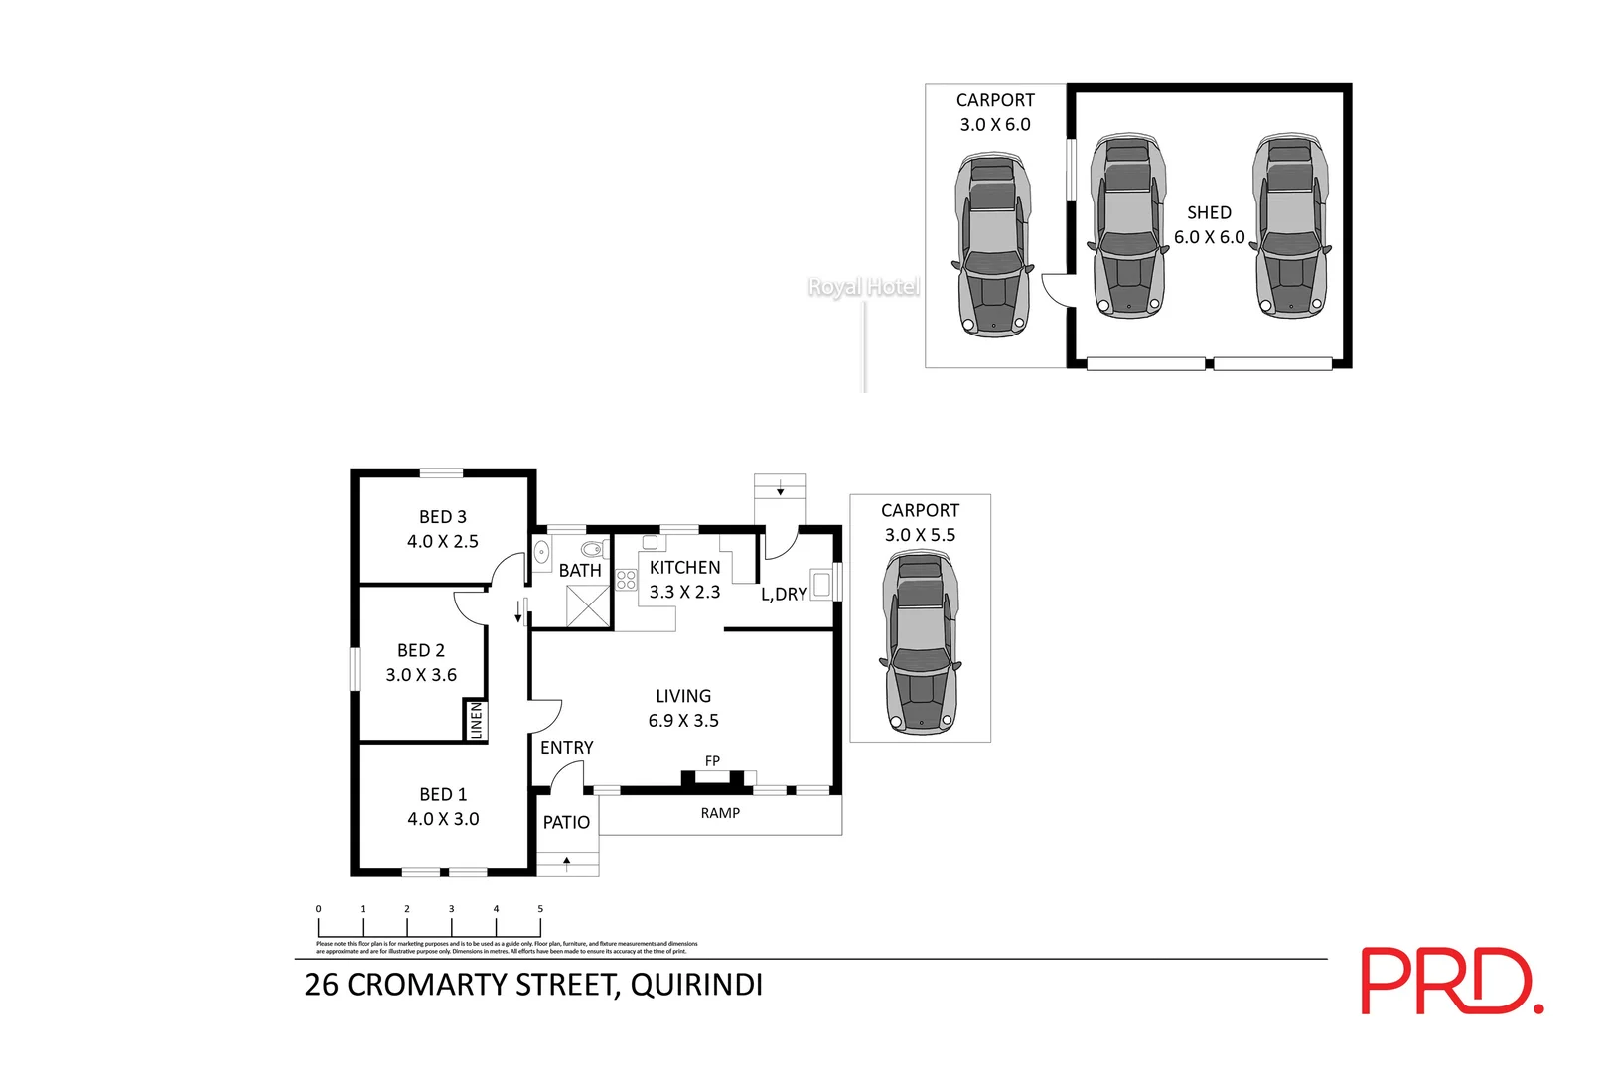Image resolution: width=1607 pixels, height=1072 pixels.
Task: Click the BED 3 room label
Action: point(442,517)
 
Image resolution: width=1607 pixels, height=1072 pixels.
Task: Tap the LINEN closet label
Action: point(476,720)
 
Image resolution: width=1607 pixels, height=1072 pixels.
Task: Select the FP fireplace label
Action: point(712,761)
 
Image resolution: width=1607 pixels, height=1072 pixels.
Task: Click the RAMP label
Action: point(720,813)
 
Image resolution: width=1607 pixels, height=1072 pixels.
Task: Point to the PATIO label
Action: point(566,822)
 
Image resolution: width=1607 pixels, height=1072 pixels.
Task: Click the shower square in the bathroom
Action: point(587,605)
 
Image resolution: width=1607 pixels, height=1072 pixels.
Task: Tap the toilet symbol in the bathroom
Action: point(592,549)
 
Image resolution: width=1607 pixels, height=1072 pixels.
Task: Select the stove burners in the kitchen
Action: point(626,580)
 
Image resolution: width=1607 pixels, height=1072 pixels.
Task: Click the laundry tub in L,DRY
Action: point(820,584)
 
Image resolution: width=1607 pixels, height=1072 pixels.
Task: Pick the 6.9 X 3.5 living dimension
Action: point(683,721)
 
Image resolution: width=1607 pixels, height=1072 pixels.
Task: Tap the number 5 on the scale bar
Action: point(540,909)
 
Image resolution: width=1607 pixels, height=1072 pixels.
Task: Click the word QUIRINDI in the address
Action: point(696,985)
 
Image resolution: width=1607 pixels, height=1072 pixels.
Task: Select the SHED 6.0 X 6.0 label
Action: point(1209,225)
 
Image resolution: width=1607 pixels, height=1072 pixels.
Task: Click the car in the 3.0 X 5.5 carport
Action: point(920,643)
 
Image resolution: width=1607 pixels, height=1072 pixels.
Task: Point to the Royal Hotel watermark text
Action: point(863,287)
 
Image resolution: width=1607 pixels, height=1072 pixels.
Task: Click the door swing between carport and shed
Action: point(1056,289)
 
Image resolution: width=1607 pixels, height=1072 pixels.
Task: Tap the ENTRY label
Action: point(566,748)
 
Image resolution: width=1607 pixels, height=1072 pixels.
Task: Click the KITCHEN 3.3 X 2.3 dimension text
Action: point(684,592)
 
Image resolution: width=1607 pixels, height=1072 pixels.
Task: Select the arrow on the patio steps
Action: point(567,864)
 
